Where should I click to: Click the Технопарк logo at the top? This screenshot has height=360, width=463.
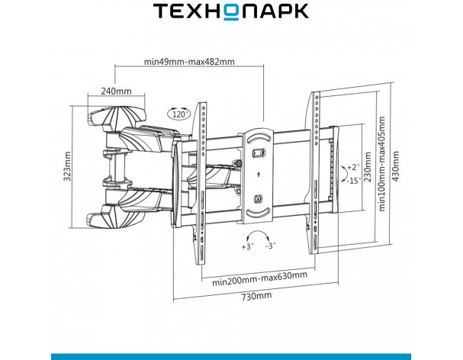click(x=231, y=11)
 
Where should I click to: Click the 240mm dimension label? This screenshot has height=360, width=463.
click(x=116, y=91)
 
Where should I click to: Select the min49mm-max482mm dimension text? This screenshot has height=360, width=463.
click(x=189, y=62)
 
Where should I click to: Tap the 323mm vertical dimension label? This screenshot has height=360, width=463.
click(x=67, y=166)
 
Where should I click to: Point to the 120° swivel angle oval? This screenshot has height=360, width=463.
click(x=179, y=114)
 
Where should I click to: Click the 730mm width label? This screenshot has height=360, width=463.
click(x=256, y=296)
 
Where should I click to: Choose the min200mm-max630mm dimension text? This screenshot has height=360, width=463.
click(x=259, y=278)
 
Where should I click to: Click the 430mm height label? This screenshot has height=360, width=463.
click(x=395, y=166)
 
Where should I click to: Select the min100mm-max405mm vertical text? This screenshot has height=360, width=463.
click(x=382, y=164)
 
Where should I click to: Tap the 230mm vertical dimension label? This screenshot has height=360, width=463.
click(x=368, y=167)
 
